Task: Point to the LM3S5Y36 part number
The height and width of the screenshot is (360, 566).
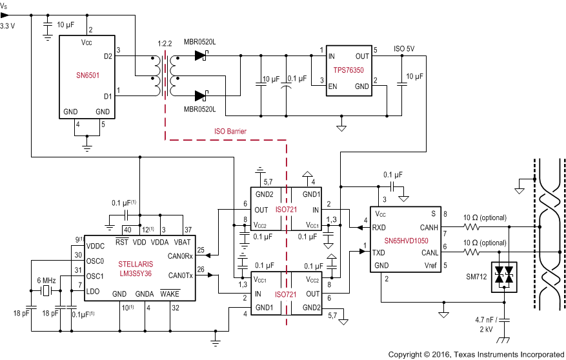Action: [x=136, y=273]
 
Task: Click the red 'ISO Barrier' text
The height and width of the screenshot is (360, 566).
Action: [x=230, y=131]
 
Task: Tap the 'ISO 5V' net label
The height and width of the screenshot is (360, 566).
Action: [x=405, y=48]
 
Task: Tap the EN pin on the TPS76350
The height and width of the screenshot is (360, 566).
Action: [x=332, y=85]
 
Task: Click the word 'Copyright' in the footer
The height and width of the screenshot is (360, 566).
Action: [x=408, y=354]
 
